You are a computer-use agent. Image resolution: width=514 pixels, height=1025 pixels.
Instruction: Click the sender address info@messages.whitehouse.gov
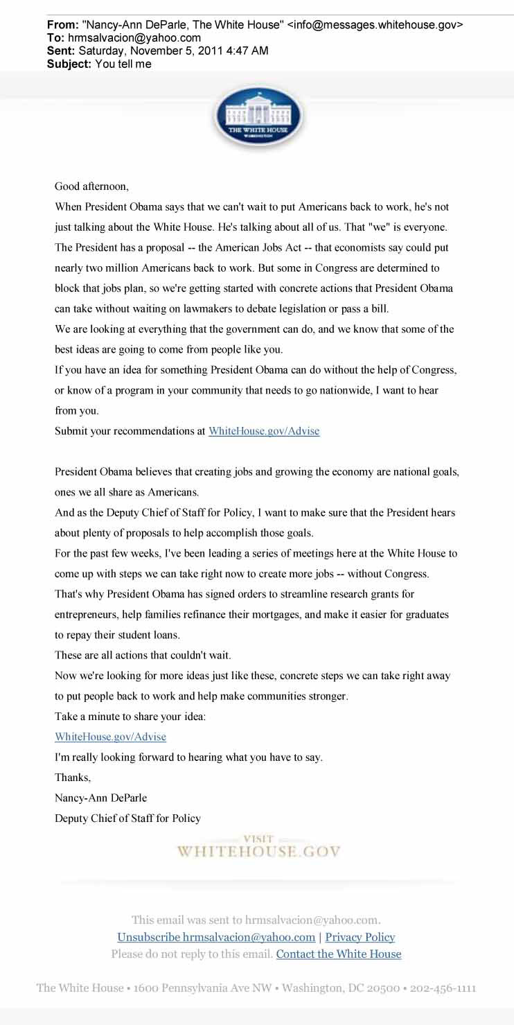click(x=375, y=25)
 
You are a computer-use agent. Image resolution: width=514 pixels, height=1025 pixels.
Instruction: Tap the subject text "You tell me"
click(x=123, y=64)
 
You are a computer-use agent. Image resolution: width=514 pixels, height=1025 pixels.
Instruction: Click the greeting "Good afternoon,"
click(x=92, y=186)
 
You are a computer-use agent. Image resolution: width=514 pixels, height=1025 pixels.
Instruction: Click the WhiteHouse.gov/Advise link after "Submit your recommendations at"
click(x=264, y=431)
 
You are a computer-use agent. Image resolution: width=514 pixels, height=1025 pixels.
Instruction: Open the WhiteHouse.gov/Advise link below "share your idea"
click(x=111, y=737)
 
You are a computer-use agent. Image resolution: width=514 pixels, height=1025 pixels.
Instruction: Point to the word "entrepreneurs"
click(x=86, y=615)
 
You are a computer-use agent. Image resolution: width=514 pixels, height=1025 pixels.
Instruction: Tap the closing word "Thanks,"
click(x=73, y=778)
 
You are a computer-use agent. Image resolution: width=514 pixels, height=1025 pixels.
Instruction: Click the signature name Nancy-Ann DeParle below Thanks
click(x=101, y=798)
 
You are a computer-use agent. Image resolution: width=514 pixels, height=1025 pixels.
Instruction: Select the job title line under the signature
click(x=127, y=818)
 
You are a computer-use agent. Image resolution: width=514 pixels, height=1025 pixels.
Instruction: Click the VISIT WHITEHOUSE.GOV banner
click(x=258, y=848)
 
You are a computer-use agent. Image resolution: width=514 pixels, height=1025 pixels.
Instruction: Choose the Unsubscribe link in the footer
click(x=216, y=937)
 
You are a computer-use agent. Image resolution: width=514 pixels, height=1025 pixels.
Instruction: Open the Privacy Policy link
click(x=360, y=937)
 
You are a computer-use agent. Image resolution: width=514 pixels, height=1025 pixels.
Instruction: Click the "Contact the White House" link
click(x=339, y=954)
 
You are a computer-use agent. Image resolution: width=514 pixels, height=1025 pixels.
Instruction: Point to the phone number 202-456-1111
click(x=443, y=988)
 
